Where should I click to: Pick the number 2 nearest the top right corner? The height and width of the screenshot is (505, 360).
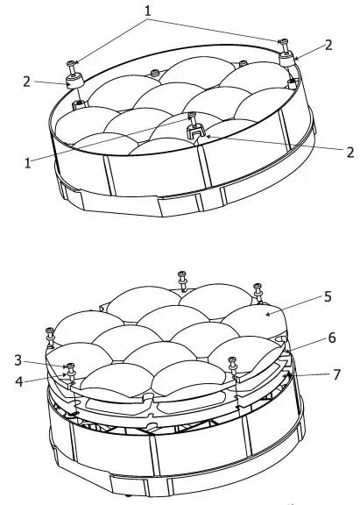[328, 44]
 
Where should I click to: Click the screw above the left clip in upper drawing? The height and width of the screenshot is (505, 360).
[72, 63]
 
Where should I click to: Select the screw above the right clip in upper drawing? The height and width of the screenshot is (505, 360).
[282, 41]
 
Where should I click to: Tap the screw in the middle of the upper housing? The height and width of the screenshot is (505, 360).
[192, 116]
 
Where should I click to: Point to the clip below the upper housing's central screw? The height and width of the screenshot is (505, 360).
[194, 132]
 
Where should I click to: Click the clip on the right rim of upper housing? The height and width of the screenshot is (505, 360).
[286, 60]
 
